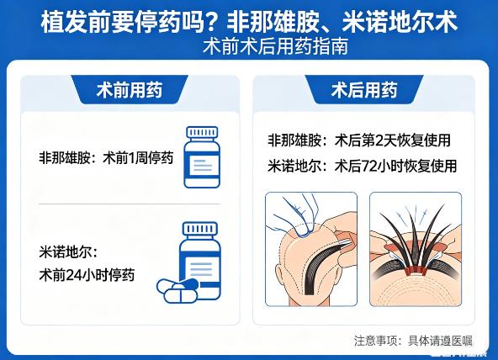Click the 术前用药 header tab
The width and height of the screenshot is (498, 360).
130,89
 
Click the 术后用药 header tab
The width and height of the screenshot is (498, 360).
364,89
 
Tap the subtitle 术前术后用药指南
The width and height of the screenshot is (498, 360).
275,46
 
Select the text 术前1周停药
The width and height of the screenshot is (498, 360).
138,158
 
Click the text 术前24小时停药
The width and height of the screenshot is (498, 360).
87,274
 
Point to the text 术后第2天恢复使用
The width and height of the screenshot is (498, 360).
393,140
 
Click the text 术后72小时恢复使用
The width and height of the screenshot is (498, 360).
395,166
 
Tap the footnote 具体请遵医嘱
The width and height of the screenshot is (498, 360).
440,341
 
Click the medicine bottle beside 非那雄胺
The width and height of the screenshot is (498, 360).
202,157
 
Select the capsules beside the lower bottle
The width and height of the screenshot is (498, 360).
177,290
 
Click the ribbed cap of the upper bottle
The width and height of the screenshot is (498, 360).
202,132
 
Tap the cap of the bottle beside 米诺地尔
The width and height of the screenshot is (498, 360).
200,228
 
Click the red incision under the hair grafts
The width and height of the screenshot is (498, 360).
416,270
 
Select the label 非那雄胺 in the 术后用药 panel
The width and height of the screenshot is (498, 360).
294,140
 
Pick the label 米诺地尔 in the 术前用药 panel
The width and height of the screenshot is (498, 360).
66,252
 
